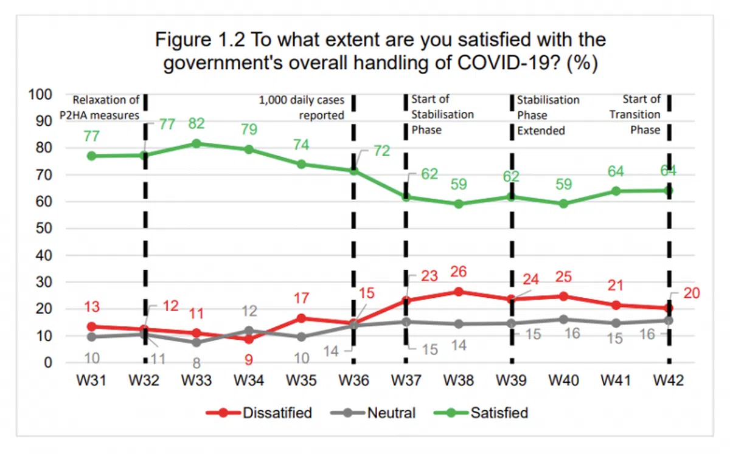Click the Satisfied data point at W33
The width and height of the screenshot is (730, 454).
[196, 143]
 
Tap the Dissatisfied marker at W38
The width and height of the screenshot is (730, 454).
[459, 292]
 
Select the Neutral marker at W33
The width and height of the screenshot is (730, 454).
[196, 342]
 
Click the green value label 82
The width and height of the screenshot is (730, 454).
[196, 124]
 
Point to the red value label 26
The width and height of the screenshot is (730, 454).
[459, 272]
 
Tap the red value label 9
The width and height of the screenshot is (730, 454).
[249, 359]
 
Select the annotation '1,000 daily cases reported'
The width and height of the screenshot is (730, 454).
[302, 108]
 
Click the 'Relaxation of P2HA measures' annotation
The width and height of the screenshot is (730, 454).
[106, 108]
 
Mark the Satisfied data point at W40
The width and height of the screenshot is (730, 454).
[564, 204]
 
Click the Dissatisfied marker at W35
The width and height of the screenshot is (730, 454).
[301, 318]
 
